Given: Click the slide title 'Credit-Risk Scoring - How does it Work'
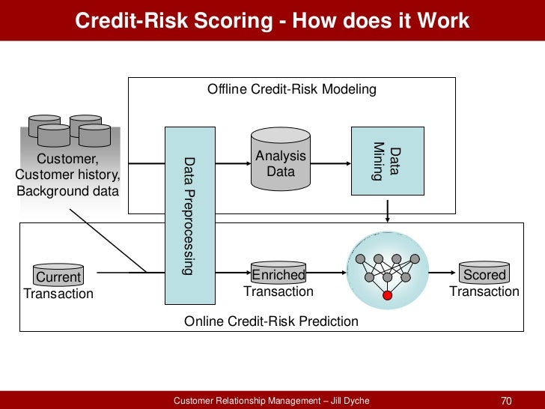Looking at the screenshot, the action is [272, 20].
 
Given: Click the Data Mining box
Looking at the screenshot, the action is [387, 160].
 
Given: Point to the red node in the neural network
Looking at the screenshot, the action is [387, 295].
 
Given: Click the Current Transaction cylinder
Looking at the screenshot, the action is [58, 276].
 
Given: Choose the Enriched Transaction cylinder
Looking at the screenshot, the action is [278, 274].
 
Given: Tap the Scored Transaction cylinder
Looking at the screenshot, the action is [484, 274].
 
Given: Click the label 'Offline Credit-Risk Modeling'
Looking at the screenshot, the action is [291, 90].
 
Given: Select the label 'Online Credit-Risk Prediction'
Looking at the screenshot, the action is [271, 321].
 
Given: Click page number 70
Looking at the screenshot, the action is [505, 400].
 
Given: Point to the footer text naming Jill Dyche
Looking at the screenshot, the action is [272, 401].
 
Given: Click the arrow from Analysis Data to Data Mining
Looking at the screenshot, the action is [331, 163].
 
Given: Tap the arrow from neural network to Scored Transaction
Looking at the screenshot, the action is [441, 273].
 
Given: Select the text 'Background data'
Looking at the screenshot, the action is [67, 190].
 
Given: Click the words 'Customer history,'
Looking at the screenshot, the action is [67, 175].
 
